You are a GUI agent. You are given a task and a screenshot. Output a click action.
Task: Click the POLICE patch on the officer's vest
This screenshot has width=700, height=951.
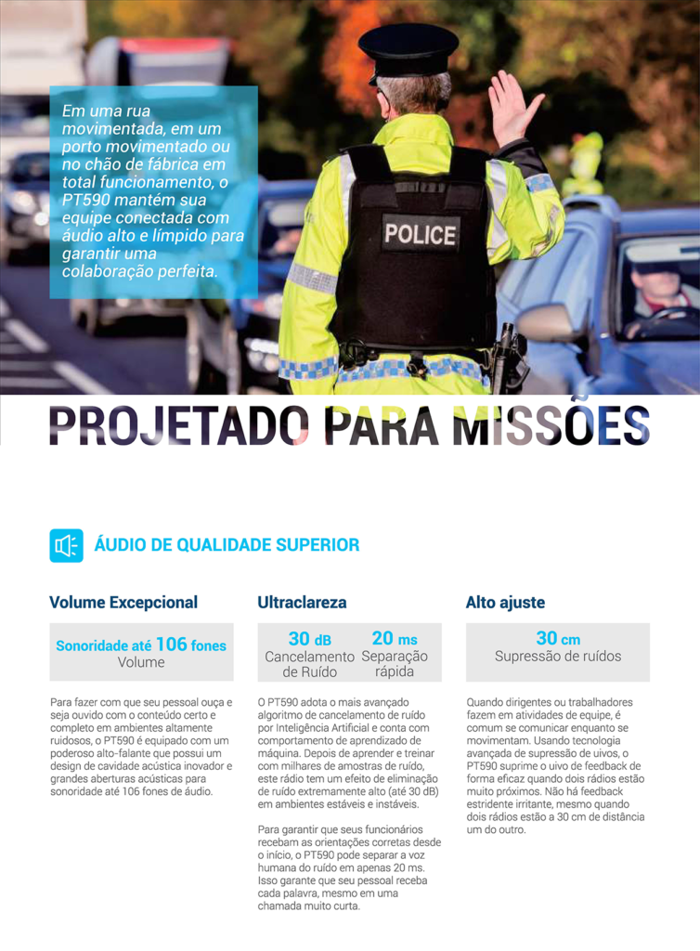420,234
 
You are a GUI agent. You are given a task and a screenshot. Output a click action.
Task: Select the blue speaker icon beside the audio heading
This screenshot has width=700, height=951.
66,545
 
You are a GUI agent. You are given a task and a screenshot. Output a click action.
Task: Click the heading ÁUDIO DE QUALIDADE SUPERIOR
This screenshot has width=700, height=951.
227,545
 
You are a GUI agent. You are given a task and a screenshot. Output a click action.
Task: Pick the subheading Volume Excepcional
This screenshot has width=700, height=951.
123,603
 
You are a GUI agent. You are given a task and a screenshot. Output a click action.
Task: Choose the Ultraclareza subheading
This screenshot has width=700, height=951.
302,603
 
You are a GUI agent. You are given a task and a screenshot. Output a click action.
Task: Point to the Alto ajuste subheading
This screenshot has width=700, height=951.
505,603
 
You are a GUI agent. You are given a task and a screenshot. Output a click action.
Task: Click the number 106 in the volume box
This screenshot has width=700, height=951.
172,644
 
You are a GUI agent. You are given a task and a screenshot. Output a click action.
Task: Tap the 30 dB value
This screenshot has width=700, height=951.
309,639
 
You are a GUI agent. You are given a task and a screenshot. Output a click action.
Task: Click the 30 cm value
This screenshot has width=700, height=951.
558,639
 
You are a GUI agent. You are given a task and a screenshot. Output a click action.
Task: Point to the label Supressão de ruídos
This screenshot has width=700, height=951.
558,657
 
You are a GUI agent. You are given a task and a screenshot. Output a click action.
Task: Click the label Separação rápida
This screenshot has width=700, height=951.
395,664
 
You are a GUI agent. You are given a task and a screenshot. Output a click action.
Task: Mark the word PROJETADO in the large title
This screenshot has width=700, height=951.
175,424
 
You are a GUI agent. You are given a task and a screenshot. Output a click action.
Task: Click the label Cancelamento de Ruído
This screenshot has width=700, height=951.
310,664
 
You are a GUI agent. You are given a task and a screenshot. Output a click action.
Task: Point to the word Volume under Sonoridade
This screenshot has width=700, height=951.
141,662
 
